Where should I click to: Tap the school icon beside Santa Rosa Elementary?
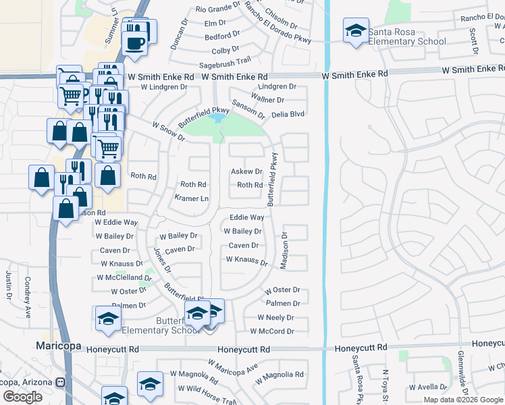[356, 31]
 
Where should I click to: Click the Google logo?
[22, 397]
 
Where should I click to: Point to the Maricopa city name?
[58, 346]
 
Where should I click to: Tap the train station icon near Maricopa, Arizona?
[61, 383]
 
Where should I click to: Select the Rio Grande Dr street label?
[217, 9]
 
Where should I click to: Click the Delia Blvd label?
[288, 114]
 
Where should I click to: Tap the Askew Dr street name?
[246, 171]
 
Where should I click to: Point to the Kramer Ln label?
[192, 198]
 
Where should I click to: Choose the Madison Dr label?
[284, 251]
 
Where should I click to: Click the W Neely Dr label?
[275, 317]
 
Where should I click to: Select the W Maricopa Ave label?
[233, 367]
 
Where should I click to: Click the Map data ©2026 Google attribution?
[462, 400]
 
